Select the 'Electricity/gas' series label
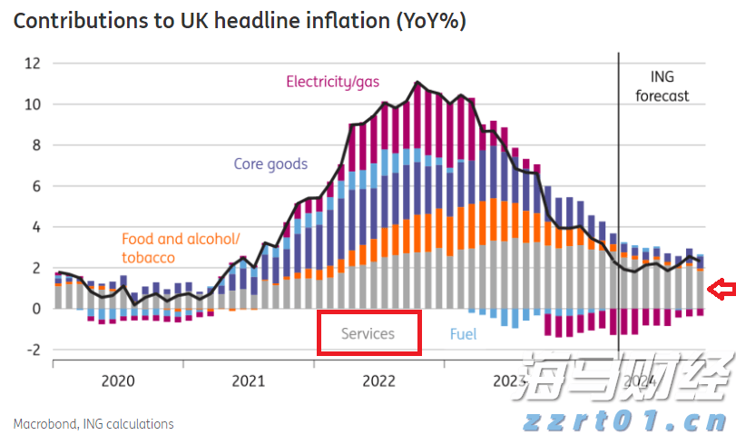(333, 82)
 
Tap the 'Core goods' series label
(270, 164)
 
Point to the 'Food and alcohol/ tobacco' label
(180, 248)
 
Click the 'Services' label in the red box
(368, 333)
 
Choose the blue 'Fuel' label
(463, 333)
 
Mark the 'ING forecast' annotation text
(662, 86)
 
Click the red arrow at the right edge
(722, 290)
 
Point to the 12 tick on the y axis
(34, 64)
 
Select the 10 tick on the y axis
(34, 104)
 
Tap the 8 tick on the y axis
(37, 145)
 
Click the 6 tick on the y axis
(37, 186)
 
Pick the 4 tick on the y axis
(37, 227)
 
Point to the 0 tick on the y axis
(37, 309)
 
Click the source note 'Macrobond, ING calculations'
(93, 423)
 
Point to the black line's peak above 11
(417, 83)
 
